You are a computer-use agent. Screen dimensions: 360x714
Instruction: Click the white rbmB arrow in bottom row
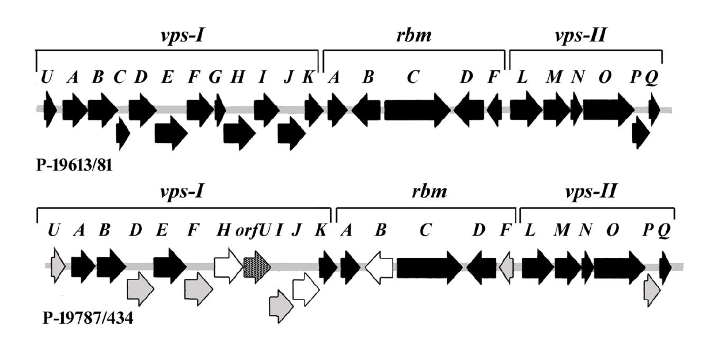379,266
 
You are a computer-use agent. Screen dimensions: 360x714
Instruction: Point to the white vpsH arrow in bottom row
228,266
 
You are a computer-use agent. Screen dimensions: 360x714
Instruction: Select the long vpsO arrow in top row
608,109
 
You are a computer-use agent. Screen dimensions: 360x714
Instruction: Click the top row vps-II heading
586,35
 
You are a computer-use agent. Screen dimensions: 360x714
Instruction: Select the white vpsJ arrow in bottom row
306,289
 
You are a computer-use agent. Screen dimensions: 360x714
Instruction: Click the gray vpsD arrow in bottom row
140,289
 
